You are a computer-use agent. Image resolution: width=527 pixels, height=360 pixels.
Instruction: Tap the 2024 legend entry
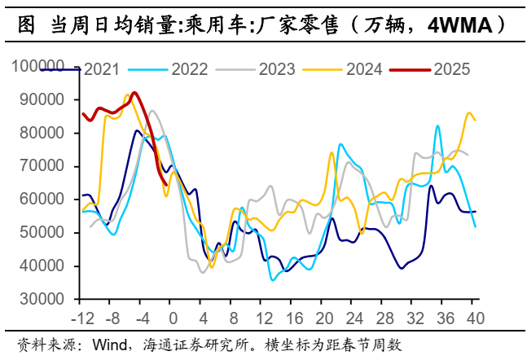pos(363,69)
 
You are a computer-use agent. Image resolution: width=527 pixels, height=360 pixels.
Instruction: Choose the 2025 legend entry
pos(452,69)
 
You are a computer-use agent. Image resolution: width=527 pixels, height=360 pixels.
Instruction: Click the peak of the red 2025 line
pos(134,93)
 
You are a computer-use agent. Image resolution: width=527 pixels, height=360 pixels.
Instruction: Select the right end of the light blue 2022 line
pos(476,226)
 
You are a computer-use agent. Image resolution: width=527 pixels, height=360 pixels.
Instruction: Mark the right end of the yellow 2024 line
pos(476,120)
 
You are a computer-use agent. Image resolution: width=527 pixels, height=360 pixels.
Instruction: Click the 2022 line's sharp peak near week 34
pos(437,126)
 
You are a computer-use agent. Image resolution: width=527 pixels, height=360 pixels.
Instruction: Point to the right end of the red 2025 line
pos(167,184)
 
